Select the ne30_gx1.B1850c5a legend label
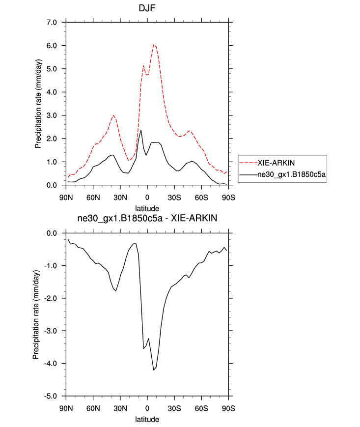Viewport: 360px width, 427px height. [291, 174]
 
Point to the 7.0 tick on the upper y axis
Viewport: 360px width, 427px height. [52, 23]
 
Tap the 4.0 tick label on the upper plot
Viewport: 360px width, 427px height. [52, 92]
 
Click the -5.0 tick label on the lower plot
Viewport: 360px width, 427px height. [51, 396]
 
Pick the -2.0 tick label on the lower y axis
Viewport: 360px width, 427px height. [51, 298]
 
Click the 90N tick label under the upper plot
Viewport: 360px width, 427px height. [66, 198]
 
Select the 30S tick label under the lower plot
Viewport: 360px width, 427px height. [174, 409]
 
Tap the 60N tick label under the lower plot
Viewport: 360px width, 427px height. [93, 409]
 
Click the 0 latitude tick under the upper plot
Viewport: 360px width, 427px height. [147, 198]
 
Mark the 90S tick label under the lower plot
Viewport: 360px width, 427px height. [228, 409]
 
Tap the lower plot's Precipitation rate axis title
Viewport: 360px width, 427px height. [36, 314]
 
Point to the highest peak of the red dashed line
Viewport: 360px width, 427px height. [154, 45]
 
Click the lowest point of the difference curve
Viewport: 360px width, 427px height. [154, 370]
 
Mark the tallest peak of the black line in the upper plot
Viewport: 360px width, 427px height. [141, 130]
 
